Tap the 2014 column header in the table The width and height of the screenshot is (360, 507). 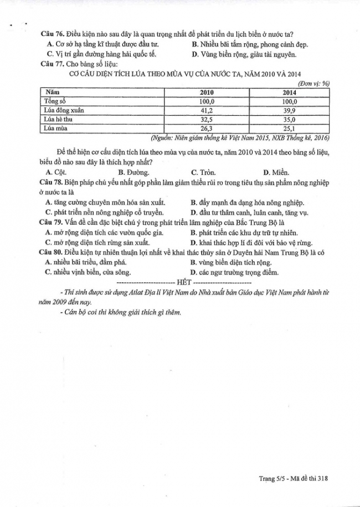click(289, 92)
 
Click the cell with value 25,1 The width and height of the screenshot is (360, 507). click(289, 128)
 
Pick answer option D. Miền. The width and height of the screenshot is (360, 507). click(276, 172)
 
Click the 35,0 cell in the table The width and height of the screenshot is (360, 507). click(289, 119)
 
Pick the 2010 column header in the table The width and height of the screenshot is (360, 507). click(207, 92)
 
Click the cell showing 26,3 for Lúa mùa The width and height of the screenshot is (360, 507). click(207, 128)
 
